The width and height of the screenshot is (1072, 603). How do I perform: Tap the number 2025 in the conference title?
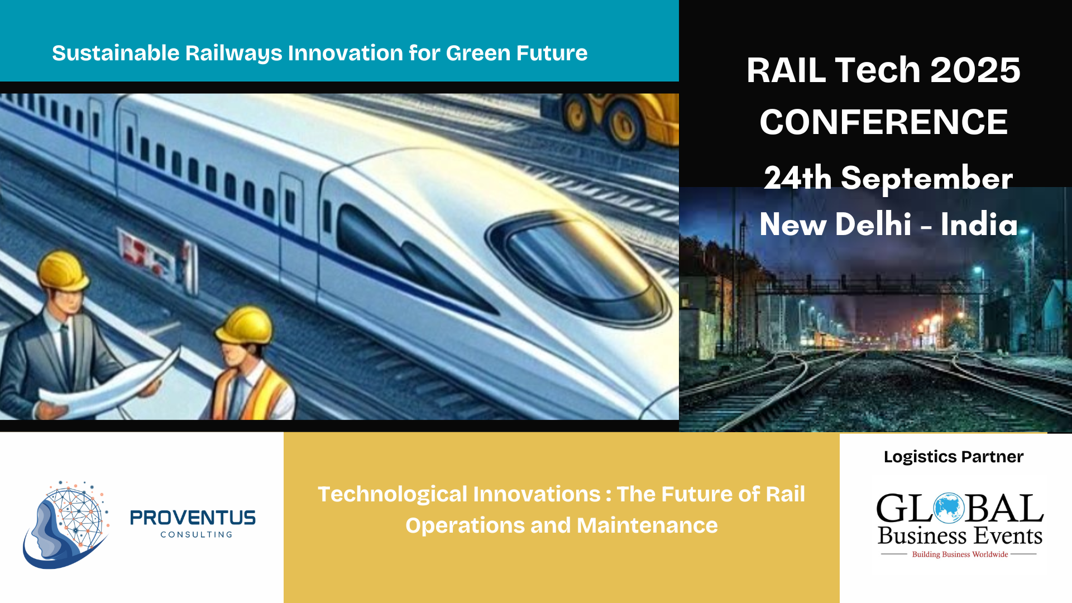point(975,70)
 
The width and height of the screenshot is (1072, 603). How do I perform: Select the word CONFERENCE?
point(883,122)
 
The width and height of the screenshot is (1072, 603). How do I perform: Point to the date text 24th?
point(798,178)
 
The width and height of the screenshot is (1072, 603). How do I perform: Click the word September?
point(927,179)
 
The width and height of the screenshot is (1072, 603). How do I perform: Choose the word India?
point(979,224)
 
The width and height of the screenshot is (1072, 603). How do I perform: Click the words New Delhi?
point(836,224)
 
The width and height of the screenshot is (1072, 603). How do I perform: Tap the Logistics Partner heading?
point(954,457)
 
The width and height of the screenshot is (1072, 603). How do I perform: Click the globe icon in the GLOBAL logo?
point(949,508)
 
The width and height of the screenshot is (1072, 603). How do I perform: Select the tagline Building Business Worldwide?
point(960,554)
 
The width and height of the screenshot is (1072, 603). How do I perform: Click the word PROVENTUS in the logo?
point(193,518)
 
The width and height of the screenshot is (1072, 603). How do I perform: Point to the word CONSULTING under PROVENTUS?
point(197,534)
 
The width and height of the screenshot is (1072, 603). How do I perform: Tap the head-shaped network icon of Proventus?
point(65,524)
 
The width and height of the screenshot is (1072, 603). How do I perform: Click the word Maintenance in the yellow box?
point(647,525)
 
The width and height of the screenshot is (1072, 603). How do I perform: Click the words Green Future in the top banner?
point(516,53)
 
